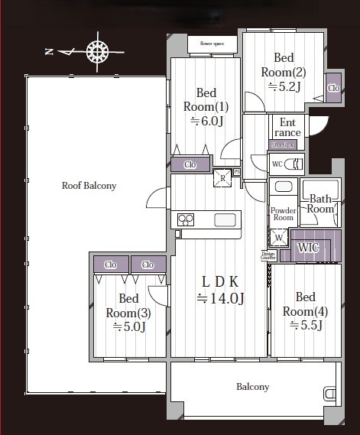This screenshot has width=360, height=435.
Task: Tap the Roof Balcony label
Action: pyautogui.click(x=89, y=186)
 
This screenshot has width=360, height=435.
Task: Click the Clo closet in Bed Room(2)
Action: pyautogui.click(x=333, y=88)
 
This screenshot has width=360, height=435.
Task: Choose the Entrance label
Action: pyautogui.click(x=287, y=127)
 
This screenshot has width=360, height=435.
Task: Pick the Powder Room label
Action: pyautogui.click(x=283, y=213)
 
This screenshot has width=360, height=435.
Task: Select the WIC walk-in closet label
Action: pyautogui.click(x=308, y=247)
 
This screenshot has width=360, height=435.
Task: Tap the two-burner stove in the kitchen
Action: pyautogui.click(x=186, y=219)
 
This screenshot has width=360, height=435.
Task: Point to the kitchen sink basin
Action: pyautogui.click(x=225, y=220)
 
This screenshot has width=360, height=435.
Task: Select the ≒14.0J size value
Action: pyautogui.click(x=220, y=298)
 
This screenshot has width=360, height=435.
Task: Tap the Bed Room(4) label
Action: pyautogui.click(x=303, y=304)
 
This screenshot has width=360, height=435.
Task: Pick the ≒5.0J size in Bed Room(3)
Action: pyautogui.click(x=129, y=327)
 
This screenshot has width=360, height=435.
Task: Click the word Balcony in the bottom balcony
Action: pyautogui.click(x=252, y=387)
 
